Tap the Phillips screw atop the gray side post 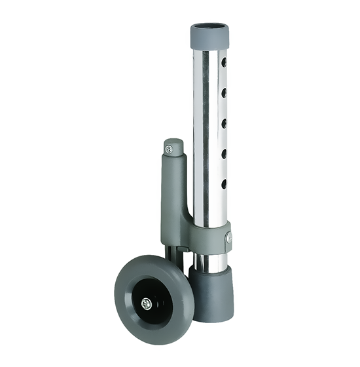point(172,148)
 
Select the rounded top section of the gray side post point(173,147)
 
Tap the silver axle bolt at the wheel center point(147,303)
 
